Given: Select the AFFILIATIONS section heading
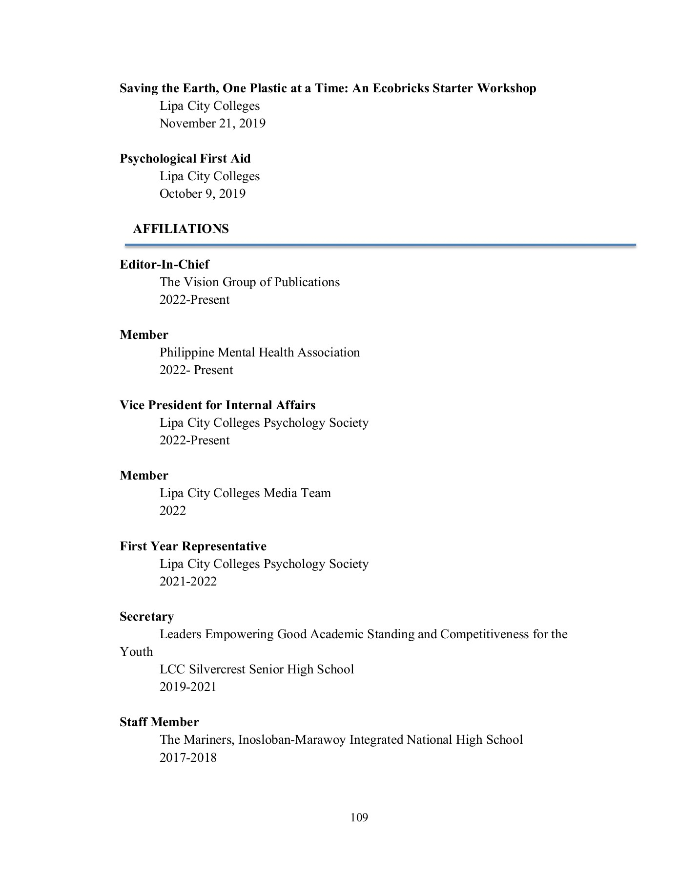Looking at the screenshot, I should coord(181,229).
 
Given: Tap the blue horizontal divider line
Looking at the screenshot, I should coord(380,245).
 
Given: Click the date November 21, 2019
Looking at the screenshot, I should coord(212,123).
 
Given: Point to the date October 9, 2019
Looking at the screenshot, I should coord(202,194).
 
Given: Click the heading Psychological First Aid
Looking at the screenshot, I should coord(185,159).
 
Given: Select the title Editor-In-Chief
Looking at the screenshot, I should coord(164,265).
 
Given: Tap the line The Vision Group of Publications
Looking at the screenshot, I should coord(249,282).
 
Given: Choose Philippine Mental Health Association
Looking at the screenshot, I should coord(259,353).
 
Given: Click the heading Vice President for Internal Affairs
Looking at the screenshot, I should coord(217,405).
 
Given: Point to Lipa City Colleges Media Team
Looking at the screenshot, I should coord(245,493).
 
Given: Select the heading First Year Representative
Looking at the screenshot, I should coord(193,546).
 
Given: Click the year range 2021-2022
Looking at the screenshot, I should coord(188,582).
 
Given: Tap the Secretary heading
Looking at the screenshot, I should coord(146,617).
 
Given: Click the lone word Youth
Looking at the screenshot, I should coord(136,652).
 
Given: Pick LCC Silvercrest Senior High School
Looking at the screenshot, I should coord(256,670).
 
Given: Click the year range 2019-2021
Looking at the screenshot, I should coord(188,687).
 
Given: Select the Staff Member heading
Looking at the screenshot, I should coord(159,722).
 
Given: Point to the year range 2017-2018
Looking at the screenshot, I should coord(188,758).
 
